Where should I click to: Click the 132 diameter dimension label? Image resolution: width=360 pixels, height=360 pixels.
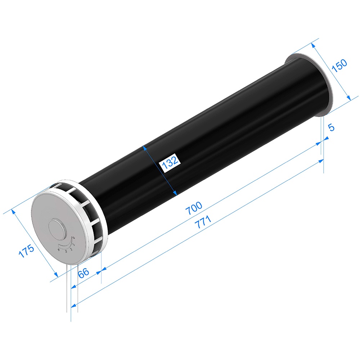[x=170, y=162]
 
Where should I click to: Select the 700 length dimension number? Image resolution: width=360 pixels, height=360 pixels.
[x=194, y=208]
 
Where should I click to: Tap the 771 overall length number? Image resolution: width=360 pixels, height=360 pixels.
[x=203, y=222]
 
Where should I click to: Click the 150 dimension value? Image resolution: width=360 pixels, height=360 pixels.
[x=339, y=66]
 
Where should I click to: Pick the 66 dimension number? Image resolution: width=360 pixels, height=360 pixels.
[x=84, y=273]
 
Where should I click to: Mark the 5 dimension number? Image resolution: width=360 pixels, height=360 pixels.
[x=331, y=127]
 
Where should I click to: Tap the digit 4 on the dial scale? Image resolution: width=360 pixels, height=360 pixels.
[x=59, y=249]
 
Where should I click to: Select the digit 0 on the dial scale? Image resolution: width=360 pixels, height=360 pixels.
[x=74, y=237]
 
